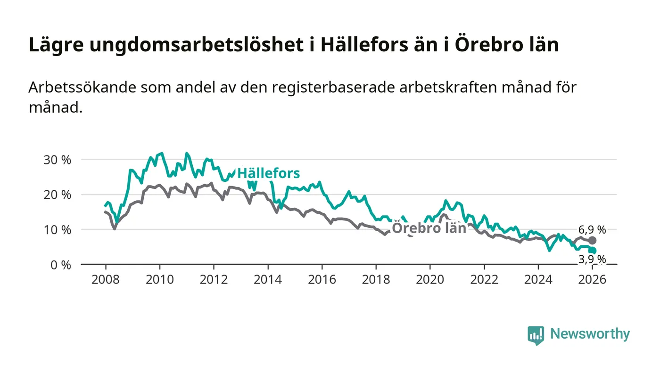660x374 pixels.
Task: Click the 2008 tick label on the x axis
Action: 105,279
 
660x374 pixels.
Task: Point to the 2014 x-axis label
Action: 268,279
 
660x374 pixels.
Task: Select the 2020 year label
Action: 430,279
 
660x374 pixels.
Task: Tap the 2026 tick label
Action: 592,279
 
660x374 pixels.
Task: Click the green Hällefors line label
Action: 268,173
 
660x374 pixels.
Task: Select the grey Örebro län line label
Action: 429,228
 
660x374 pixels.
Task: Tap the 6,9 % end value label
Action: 592,230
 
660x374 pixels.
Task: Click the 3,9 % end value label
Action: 592,259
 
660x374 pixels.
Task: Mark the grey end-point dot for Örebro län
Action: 593,241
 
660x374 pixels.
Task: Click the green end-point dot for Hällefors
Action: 593,251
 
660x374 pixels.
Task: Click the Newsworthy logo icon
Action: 536,335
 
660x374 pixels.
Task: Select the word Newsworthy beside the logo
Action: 590,334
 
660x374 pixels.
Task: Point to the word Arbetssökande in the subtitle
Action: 82,88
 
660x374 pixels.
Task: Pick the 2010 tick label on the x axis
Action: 159,279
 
